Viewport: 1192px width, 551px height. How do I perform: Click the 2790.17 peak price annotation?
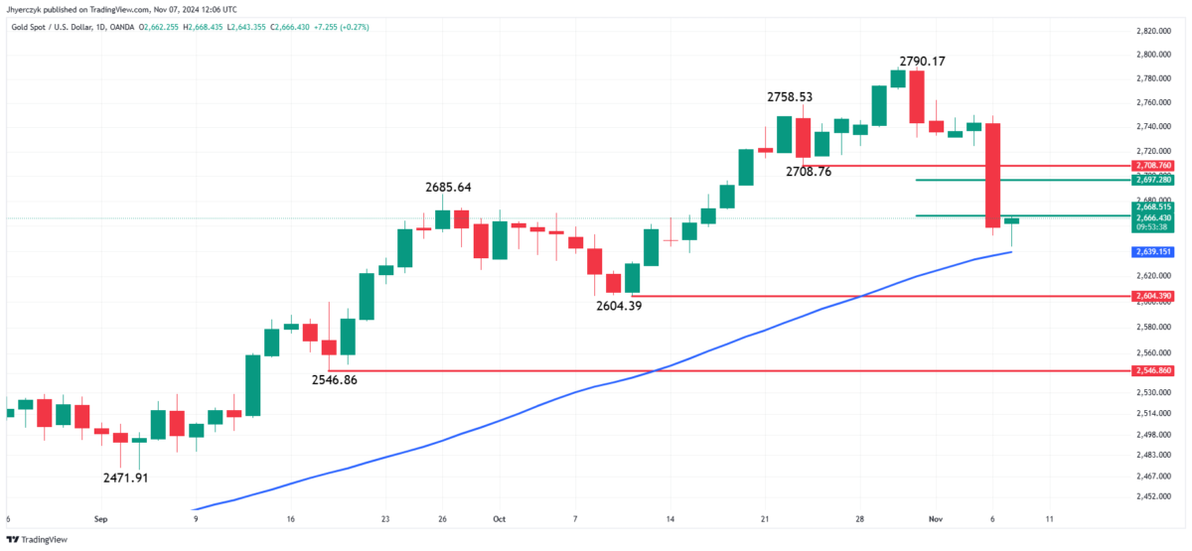tap(922, 62)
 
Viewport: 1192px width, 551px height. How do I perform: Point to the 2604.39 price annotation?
tap(618, 306)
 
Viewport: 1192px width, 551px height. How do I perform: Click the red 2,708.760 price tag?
tap(1152, 166)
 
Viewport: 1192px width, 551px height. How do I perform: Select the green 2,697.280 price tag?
tap(1152, 180)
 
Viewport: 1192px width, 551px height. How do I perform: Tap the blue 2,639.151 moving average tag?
tap(1152, 252)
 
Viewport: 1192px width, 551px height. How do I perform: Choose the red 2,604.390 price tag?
tap(1152, 296)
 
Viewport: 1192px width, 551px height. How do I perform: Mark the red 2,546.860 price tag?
tap(1152, 370)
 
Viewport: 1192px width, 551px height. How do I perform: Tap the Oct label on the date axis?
tap(499, 518)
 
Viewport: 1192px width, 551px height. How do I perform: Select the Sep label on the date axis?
tap(100, 518)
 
